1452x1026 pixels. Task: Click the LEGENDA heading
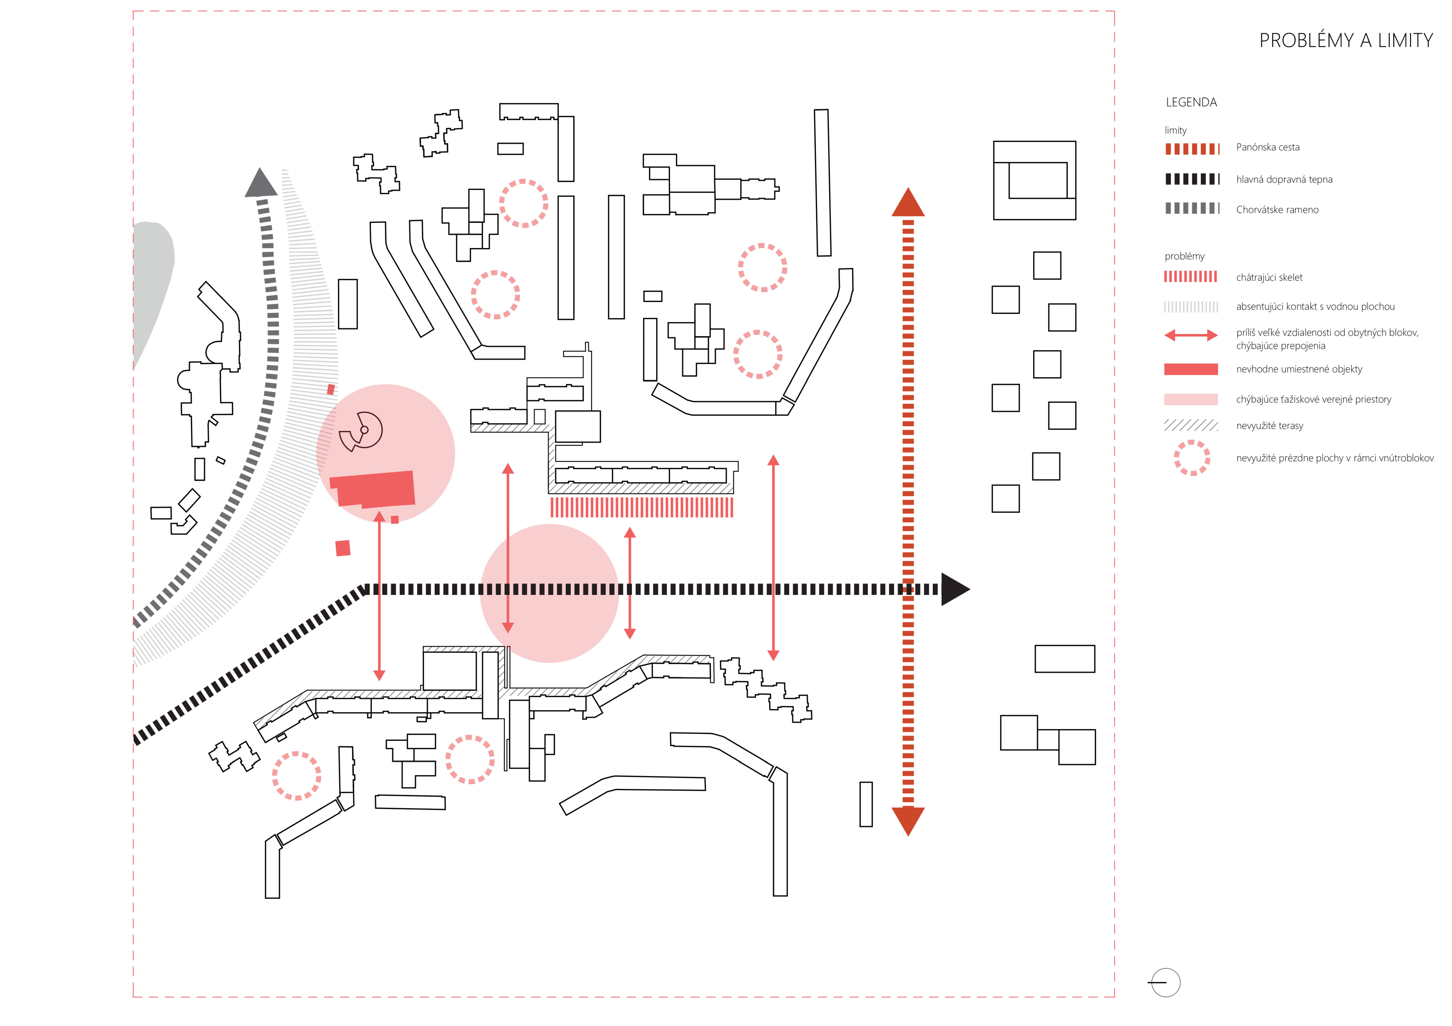pos(1191,102)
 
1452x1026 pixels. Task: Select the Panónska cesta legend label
pos(1267,147)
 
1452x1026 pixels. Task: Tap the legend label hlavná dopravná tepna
pos(1284,179)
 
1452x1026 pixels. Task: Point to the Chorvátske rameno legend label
pos(1277,210)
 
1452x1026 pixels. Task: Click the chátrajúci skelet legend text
pos(1269,278)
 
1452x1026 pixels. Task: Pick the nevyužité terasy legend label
pos(1269,426)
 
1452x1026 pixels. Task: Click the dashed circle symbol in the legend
pos(1191,458)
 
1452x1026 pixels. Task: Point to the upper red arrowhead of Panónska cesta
pos(908,204)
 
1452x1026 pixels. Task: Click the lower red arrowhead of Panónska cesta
pos(908,820)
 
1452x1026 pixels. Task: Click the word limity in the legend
pos(1175,130)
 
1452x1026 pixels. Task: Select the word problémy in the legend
pos(1184,256)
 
